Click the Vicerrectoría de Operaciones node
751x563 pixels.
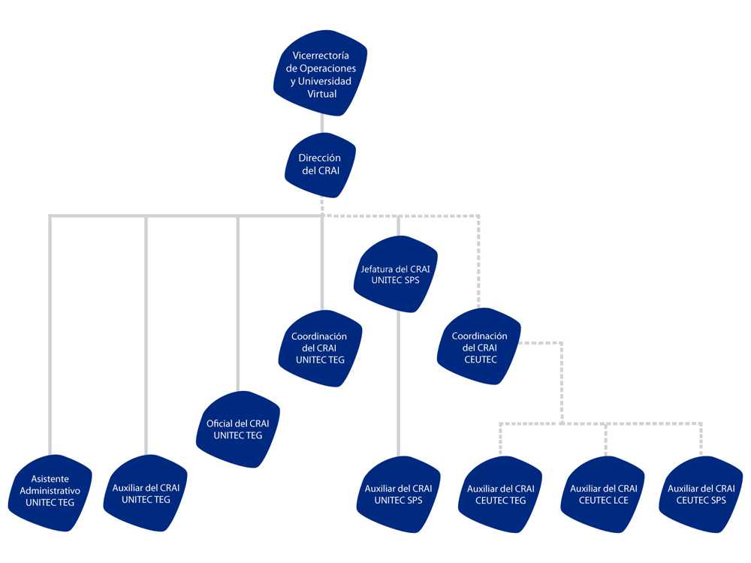(x=321, y=73)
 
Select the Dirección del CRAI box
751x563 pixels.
(x=321, y=164)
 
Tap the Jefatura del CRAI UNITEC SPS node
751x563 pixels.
(x=396, y=274)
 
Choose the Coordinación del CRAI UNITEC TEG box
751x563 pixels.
(x=321, y=348)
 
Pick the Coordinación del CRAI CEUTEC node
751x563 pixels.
(x=479, y=347)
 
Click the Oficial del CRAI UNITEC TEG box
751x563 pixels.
(x=238, y=429)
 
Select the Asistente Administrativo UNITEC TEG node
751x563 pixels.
(x=50, y=492)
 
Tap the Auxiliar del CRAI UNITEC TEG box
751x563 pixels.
(x=146, y=492)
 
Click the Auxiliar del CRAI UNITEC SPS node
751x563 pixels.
(x=399, y=494)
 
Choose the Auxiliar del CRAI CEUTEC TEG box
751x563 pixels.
(x=500, y=494)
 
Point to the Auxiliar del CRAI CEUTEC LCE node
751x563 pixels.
(x=603, y=494)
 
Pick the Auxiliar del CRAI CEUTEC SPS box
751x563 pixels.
(x=701, y=494)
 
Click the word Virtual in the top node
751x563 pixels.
(x=322, y=94)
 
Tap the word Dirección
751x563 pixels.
(x=319, y=158)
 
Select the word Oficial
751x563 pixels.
(x=219, y=423)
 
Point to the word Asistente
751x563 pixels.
(x=50, y=479)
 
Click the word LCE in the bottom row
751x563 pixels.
(x=619, y=500)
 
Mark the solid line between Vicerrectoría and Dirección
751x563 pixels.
(x=322, y=125)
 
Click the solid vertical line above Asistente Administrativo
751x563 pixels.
(x=50, y=335)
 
